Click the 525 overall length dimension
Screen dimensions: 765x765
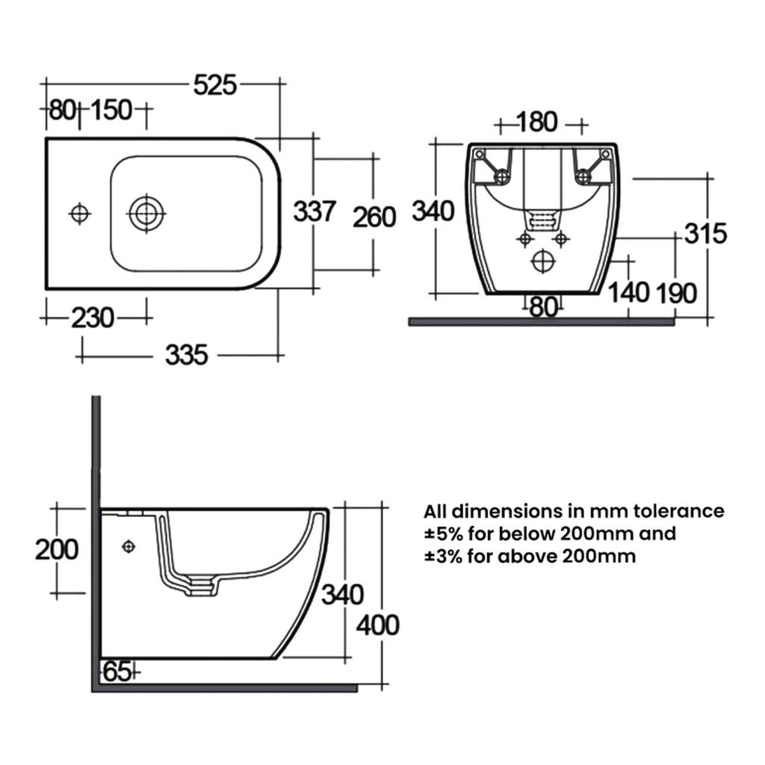pyautogui.click(x=214, y=85)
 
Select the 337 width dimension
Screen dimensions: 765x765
pyautogui.click(x=315, y=211)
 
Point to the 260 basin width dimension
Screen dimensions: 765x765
pyautogui.click(x=374, y=217)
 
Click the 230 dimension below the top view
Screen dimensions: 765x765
pyautogui.click(x=93, y=318)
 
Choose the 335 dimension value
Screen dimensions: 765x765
pyautogui.click(x=186, y=355)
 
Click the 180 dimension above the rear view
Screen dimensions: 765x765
pyautogui.click(x=536, y=122)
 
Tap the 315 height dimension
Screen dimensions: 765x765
pyautogui.click(x=705, y=233)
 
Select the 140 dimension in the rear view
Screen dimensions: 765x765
pyautogui.click(x=629, y=293)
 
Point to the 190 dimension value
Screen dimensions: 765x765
pyautogui.click(x=675, y=294)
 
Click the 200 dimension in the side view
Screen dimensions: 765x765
pyautogui.click(x=57, y=550)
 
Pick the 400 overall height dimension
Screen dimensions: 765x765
pyautogui.click(x=377, y=625)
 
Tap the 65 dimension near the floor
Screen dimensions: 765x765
pyautogui.click(x=117, y=672)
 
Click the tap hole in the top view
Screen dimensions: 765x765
pyautogui.click(x=79, y=214)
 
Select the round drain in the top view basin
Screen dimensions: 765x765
pyautogui.click(x=146, y=214)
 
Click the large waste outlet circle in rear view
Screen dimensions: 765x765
pyautogui.click(x=542, y=261)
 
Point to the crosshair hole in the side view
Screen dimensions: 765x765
pyautogui.click(x=128, y=546)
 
